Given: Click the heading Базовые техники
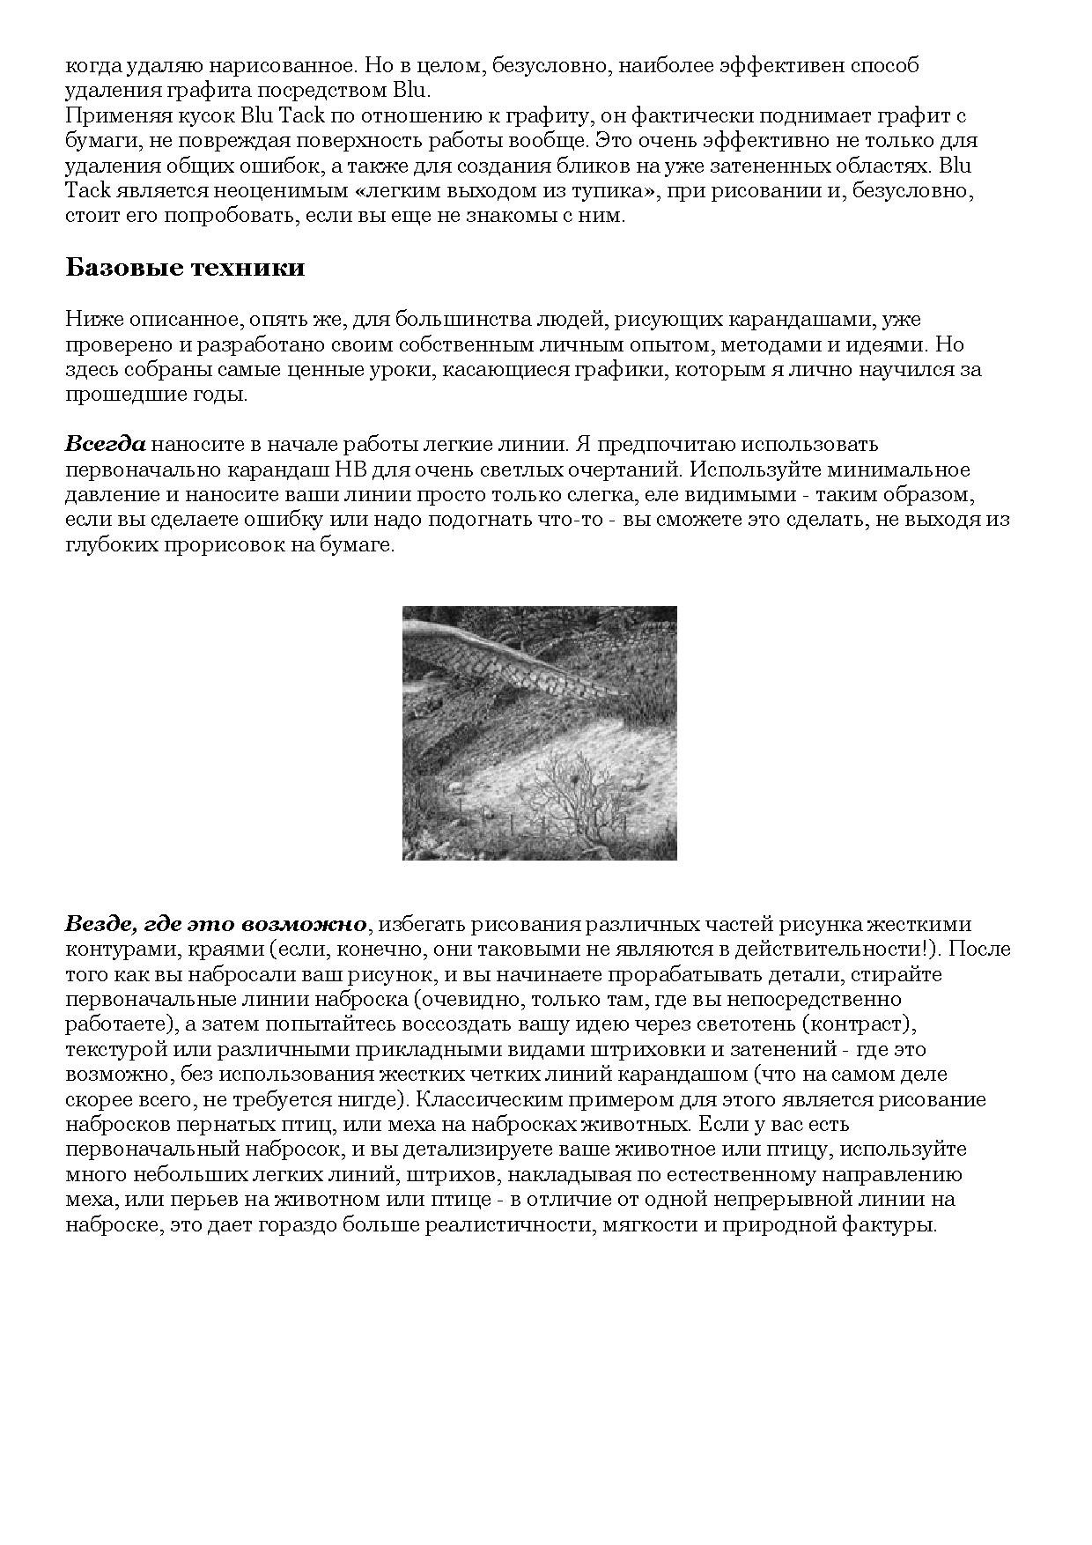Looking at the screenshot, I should click(x=185, y=268).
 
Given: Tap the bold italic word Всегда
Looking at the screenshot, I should click(x=105, y=444).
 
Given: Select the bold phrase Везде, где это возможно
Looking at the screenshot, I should click(x=216, y=924).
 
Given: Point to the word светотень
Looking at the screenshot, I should click(x=747, y=1024).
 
